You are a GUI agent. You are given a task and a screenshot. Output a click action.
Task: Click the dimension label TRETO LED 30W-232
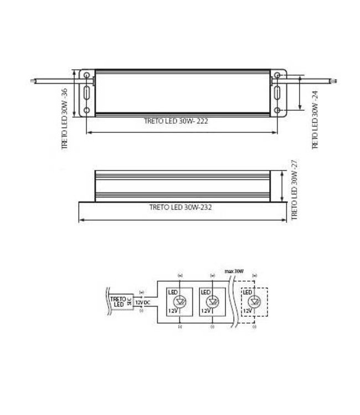[181, 208]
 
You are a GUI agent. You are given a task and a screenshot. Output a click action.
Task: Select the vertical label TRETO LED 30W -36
[64, 119]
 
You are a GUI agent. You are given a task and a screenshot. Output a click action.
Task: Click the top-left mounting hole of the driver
[87, 74]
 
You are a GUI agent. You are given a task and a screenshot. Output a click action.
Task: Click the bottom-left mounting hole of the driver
[87, 111]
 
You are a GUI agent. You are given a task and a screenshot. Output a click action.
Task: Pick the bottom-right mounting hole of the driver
[278, 111]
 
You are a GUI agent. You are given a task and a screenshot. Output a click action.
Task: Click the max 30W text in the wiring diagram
[234, 271]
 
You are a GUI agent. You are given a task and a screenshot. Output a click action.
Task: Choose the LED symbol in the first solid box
[179, 302]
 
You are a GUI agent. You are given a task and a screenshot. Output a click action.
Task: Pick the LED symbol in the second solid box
[212, 302]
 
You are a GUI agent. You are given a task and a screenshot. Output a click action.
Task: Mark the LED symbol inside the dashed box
[254, 302]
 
